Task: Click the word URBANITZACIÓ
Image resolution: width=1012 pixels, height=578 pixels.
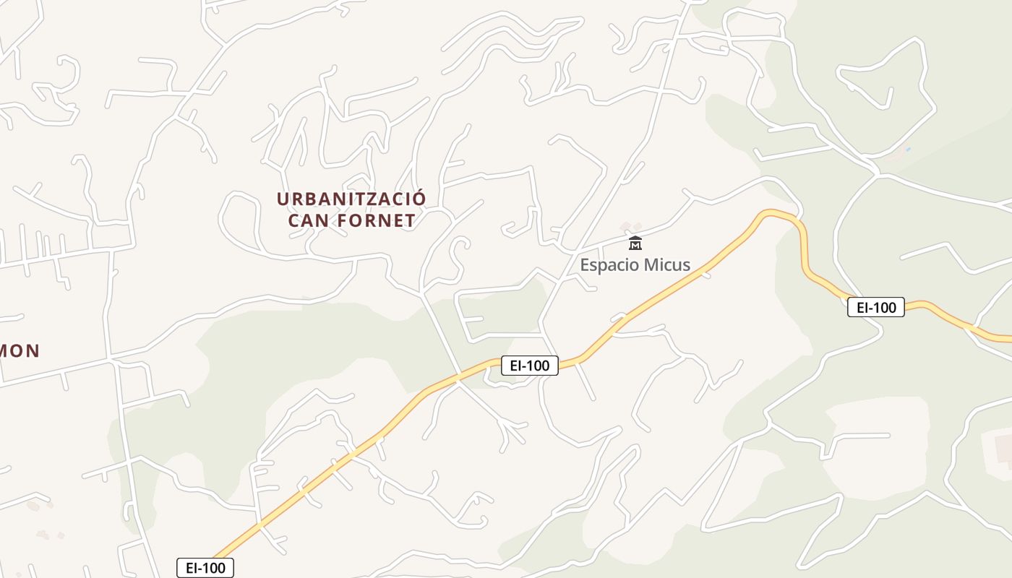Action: (x=351, y=198)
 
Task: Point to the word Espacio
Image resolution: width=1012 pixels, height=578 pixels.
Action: (x=610, y=265)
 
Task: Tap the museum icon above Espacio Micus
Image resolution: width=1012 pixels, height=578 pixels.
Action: (x=635, y=243)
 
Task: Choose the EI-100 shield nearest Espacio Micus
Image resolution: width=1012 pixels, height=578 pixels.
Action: (x=530, y=366)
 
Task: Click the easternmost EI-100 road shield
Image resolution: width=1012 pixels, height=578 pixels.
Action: (x=876, y=308)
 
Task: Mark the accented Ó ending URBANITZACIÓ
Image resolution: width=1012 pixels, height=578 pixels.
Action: (x=419, y=197)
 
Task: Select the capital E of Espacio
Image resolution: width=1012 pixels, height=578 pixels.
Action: (x=586, y=265)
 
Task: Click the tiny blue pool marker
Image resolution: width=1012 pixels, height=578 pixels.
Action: (x=908, y=150)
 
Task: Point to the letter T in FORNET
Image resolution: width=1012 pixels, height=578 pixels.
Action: (x=410, y=220)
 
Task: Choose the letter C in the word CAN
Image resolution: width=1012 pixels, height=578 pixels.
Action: (x=294, y=220)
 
